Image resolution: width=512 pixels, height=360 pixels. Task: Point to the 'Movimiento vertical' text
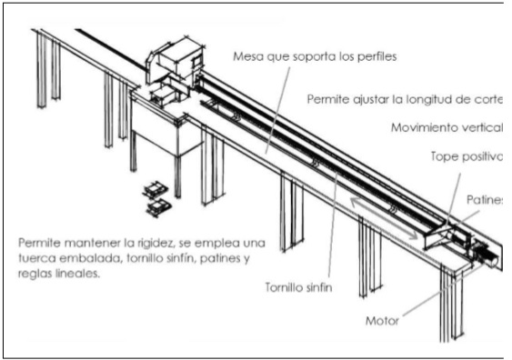[447, 127]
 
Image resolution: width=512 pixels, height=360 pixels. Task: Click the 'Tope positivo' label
[466, 156]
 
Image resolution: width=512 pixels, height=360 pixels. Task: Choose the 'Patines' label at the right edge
[486, 197]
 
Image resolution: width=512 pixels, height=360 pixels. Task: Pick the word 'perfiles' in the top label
[374, 55]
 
